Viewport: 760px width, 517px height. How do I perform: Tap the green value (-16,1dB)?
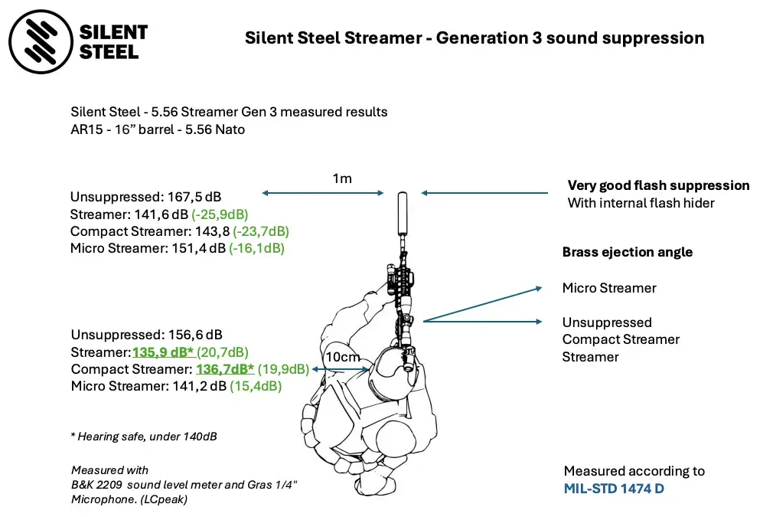tap(256, 248)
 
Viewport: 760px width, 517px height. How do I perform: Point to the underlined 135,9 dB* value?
tap(162, 352)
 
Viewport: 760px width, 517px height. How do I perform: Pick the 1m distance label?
tap(342, 178)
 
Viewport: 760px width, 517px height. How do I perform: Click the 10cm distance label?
tap(341, 358)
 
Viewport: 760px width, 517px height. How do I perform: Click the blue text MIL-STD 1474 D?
tap(614, 488)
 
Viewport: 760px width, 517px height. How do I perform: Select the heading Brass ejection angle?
tap(628, 252)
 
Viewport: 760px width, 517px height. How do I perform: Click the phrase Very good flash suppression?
tap(658, 185)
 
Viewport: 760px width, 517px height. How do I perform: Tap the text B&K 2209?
tap(102, 484)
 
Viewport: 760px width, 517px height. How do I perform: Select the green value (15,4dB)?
tap(256, 387)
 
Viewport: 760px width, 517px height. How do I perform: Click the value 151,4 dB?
tap(195, 248)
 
